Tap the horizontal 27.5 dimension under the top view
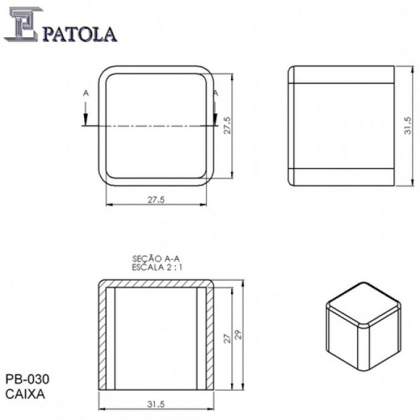tap(156, 199)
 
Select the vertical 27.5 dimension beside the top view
tap(227, 126)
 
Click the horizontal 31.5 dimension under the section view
tap(156, 404)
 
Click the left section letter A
tap(86, 93)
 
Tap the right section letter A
tap(215, 93)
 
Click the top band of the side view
tap(341, 75)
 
